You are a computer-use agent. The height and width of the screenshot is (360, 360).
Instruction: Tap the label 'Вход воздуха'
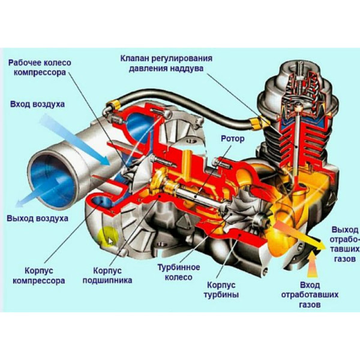pos(37,104)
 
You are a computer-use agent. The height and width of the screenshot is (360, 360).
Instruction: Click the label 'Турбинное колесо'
pos(175,272)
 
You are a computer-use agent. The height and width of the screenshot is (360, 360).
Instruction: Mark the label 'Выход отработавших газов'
pos(344,244)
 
